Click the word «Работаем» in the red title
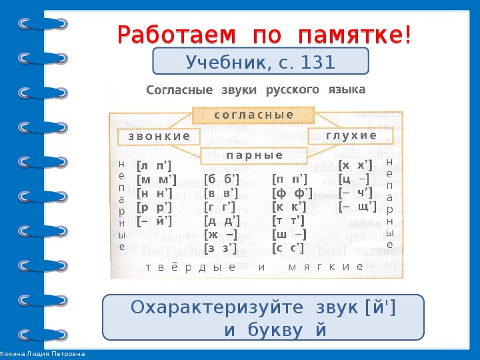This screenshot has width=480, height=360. (x=177, y=35)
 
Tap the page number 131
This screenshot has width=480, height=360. (x=318, y=62)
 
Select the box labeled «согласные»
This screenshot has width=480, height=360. (x=253, y=115)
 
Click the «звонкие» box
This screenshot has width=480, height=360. (x=159, y=137)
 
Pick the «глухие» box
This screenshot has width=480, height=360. (x=351, y=135)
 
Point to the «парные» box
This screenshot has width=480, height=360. (x=254, y=155)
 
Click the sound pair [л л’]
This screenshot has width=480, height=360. (x=154, y=166)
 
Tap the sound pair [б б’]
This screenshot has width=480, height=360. (x=221, y=179)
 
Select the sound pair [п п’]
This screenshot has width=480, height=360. (x=289, y=179)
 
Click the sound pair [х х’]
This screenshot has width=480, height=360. (x=355, y=165)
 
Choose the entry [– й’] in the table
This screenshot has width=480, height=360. (x=154, y=221)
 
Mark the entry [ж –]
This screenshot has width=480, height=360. (x=221, y=235)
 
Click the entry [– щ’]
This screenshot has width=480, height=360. (x=358, y=207)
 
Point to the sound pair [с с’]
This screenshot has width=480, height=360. (x=288, y=248)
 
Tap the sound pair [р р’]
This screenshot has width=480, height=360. (x=154, y=208)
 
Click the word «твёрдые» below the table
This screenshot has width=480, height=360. (x=191, y=267)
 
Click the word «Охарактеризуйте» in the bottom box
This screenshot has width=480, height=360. (x=217, y=307)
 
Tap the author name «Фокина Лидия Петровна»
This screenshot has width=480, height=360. (x=42, y=354)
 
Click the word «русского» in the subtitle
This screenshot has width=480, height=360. (x=293, y=90)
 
